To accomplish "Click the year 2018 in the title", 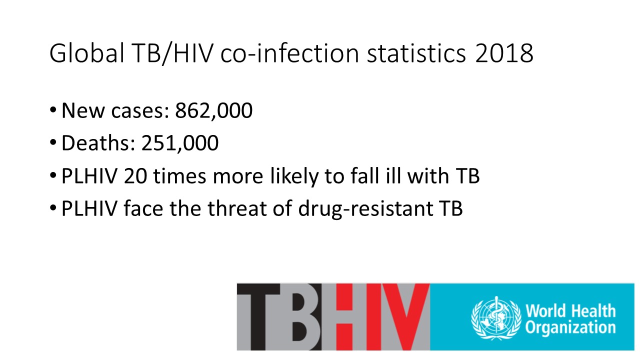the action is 504,53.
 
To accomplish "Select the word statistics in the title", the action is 416,53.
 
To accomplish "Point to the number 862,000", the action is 213,110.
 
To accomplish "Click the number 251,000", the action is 180,143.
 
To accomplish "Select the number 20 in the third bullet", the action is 135,175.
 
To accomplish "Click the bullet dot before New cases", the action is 53,110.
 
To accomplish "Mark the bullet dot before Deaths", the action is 53,142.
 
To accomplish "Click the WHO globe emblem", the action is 495,317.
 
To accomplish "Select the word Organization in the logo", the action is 570,327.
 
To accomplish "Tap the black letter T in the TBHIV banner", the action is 258,317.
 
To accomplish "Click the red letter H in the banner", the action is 351,317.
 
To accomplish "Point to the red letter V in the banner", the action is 406,317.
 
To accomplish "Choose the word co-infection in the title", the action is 289,53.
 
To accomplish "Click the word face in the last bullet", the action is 143,208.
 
